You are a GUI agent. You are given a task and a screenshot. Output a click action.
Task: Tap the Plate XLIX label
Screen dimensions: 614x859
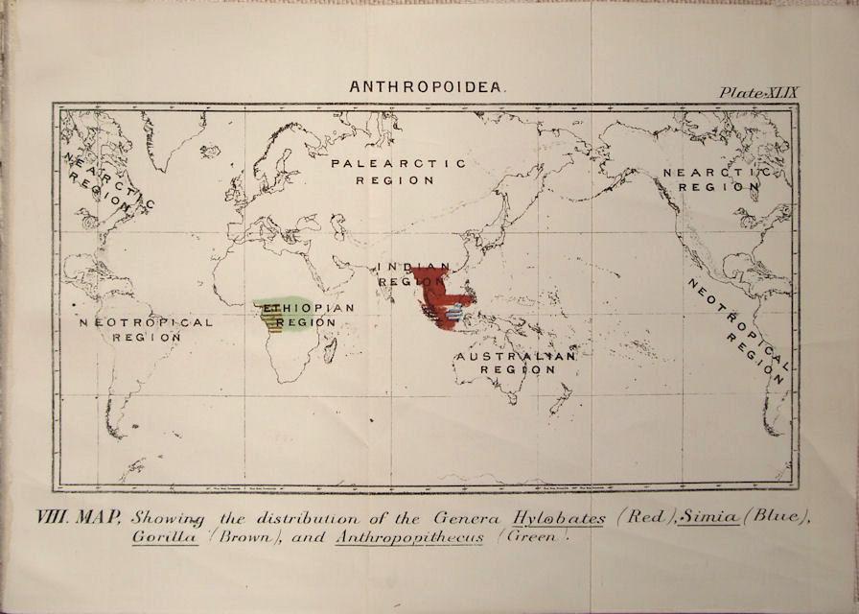point(758,92)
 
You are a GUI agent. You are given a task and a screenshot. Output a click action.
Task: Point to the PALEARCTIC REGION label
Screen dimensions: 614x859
point(399,171)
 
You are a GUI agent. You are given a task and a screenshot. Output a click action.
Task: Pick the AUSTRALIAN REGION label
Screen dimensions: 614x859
point(516,363)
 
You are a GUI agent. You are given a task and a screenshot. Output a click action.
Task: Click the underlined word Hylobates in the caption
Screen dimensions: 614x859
point(559,518)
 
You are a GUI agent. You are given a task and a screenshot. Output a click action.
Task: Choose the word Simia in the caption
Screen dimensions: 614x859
point(711,518)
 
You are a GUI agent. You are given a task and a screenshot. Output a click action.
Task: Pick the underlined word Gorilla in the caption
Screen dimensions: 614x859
point(165,537)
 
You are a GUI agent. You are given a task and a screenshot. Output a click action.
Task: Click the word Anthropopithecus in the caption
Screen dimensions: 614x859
point(410,537)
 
